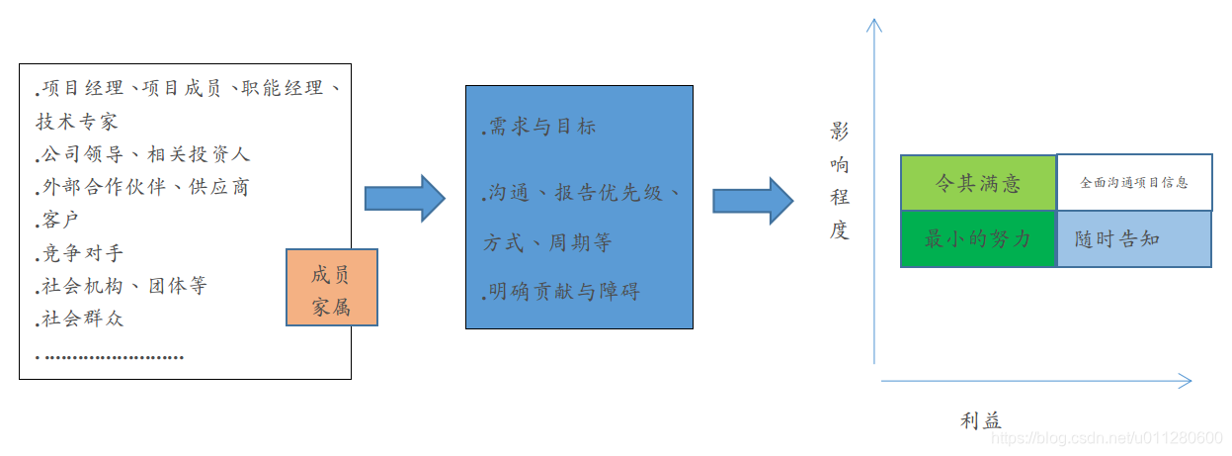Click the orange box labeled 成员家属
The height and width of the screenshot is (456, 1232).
click(x=331, y=287)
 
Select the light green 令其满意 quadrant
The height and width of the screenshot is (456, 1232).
click(x=978, y=183)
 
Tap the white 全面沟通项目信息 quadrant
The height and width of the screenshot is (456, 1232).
click(x=1133, y=183)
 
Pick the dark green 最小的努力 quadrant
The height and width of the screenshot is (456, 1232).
click(x=978, y=239)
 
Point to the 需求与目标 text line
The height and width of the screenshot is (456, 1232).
click(x=540, y=128)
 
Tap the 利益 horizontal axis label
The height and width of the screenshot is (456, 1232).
click(x=981, y=420)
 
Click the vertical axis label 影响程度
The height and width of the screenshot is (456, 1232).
click(x=840, y=182)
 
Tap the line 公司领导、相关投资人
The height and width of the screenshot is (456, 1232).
click(x=144, y=154)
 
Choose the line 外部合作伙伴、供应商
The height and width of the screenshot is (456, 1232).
click(x=144, y=187)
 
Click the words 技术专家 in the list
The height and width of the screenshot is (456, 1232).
click(x=77, y=121)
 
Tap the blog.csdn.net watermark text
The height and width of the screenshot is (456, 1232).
click(x=1106, y=437)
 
